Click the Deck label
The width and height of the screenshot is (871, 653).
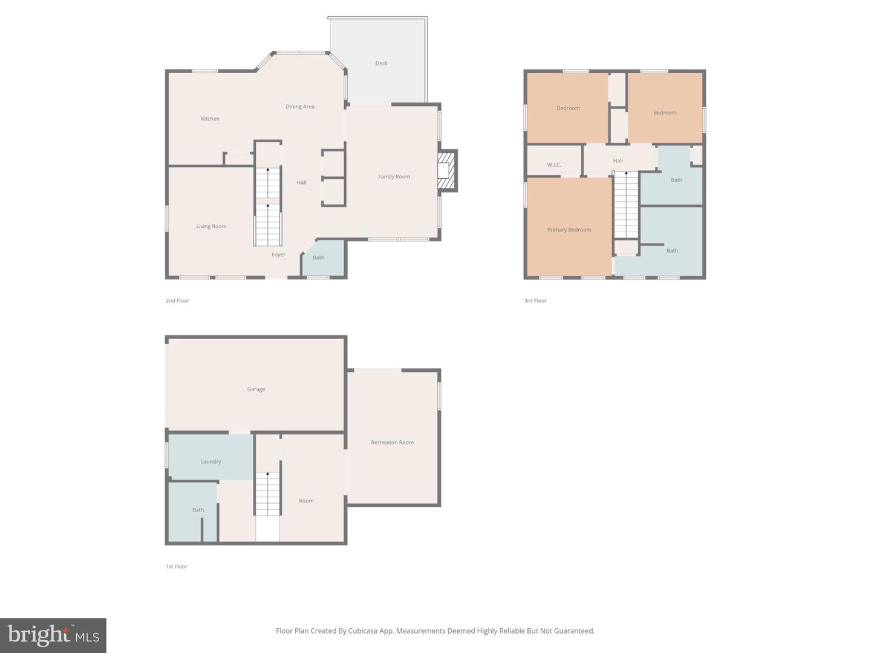(381, 63)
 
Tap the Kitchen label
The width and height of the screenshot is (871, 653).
(210, 119)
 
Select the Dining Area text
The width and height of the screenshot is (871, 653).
(300, 107)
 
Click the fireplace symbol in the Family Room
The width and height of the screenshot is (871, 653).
(446, 171)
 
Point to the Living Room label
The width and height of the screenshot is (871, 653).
(211, 227)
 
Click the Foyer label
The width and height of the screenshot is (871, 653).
(278, 255)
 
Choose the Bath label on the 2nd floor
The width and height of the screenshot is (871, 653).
(318, 258)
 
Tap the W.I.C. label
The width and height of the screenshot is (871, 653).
(554, 165)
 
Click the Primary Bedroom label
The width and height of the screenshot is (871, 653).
(569, 230)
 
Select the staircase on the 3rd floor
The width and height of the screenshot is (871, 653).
(626, 206)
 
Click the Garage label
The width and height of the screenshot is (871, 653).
(256, 389)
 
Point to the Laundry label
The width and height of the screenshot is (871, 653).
(210, 462)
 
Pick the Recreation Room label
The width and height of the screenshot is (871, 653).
(392, 443)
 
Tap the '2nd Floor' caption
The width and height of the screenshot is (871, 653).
(177, 301)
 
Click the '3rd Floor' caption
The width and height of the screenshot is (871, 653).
(535, 301)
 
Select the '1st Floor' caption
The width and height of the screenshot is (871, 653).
(177, 567)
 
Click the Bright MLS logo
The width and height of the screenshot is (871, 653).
(53, 635)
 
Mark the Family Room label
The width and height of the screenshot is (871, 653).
(394, 177)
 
